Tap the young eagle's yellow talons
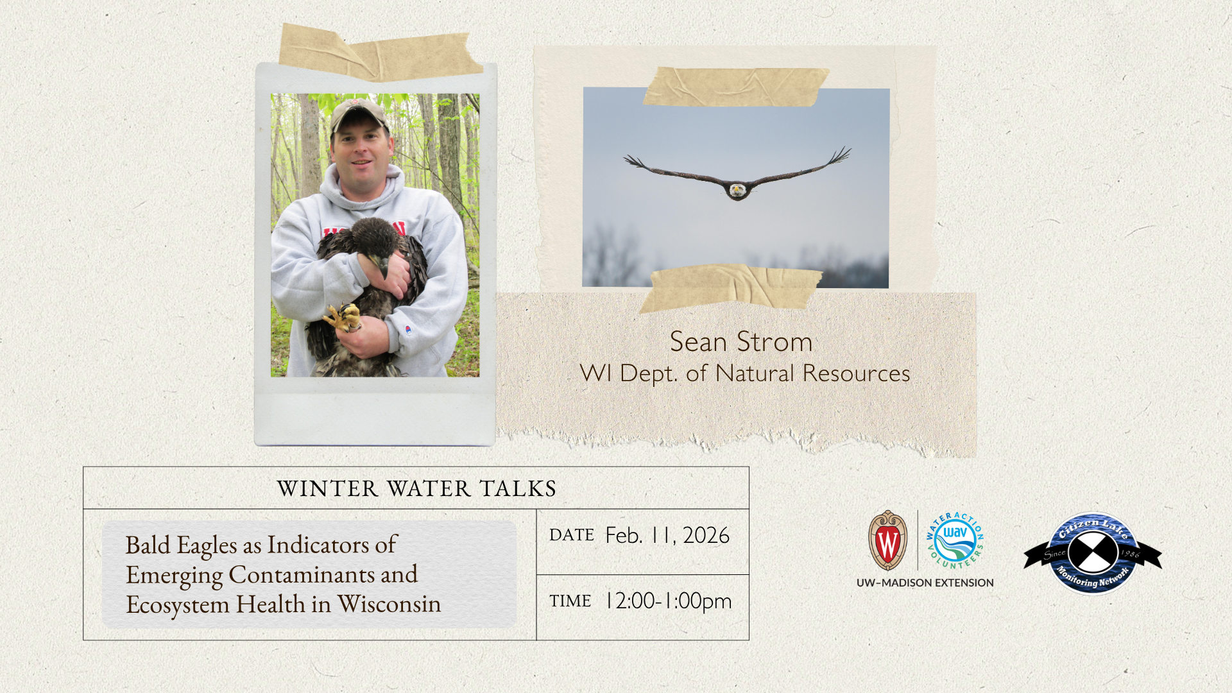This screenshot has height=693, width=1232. tap(343, 317)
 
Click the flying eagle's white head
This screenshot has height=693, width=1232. tap(737, 191)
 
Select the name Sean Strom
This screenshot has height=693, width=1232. tap(741, 342)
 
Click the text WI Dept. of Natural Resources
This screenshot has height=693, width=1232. tap(745, 373)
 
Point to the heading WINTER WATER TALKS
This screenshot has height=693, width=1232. tap(416, 489)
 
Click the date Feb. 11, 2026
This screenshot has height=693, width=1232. tap(667, 535)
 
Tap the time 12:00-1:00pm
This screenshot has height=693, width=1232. tap(668, 601)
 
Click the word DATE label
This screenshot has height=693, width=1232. tap(572, 535)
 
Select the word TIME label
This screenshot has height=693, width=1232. tap(570, 601)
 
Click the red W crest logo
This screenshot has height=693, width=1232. tap(887, 540)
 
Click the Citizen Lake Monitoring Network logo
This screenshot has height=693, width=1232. tap(1093, 553)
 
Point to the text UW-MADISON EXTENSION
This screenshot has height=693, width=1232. tap(925, 583)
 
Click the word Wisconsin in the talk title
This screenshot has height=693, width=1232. tap(389, 604)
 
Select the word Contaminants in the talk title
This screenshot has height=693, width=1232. tap(302, 574)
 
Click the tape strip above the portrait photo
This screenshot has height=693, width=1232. tap(381, 53)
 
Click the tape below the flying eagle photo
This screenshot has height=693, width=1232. tap(731, 287)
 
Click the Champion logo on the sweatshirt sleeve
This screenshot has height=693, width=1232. tap(408, 330)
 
